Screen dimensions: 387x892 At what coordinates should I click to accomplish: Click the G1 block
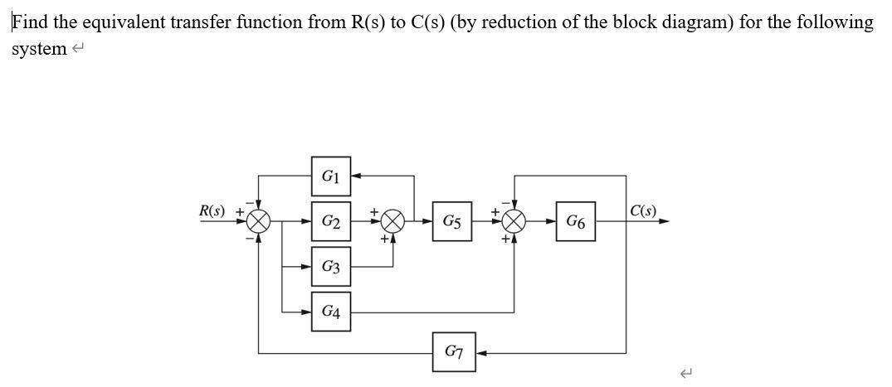(x=330, y=176)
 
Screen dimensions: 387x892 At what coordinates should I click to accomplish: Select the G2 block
(x=330, y=221)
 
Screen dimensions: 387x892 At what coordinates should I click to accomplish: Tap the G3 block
(x=330, y=267)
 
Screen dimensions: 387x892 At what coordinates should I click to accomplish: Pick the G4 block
(x=330, y=312)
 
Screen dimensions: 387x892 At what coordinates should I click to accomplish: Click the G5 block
(x=452, y=221)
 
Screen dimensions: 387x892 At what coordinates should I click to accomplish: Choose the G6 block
(x=575, y=221)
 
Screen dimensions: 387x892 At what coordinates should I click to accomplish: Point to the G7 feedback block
(x=453, y=352)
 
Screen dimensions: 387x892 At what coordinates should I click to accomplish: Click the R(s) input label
(x=212, y=210)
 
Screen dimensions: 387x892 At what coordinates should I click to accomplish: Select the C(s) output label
(x=644, y=210)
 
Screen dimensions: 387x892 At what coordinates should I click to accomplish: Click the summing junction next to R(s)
(x=259, y=221)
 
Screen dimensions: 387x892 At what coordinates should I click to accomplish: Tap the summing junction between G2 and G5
(x=392, y=221)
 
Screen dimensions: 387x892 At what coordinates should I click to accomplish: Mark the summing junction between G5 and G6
(x=514, y=221)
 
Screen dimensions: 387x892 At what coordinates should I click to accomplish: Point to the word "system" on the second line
(x=38, y=49)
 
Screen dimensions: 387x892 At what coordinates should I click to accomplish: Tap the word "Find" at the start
(x=30, y=22)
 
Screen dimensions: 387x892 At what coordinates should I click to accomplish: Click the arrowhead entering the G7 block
(x=479, y=352)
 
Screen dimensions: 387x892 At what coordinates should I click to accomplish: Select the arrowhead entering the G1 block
(x=356, y=176)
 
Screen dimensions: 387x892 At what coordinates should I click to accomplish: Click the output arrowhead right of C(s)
(x=664, y=221)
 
